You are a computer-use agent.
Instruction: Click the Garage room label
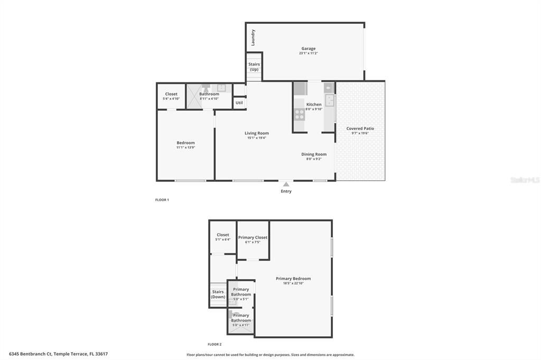[x=309, y=49]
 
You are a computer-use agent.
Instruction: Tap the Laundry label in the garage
[x=253, y=37]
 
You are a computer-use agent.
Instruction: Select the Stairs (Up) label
[x=254, y=67]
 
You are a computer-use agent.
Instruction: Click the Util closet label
[x=239, y=103]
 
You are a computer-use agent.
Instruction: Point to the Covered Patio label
[x=360, y=128]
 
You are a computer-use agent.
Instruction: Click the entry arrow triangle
[x=286, y=184]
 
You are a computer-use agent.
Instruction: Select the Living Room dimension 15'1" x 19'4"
[x=257, y=138]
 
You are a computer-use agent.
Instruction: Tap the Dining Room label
[x=314, y=154]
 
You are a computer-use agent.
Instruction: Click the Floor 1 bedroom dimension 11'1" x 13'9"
[x=185, y=147]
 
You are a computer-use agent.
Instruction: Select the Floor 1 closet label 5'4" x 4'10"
[x=171, y=99]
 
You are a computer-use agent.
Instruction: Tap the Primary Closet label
[x=253, y=238]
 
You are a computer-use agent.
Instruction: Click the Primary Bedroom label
[x=293, y=278]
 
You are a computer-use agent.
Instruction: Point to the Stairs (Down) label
[x=218, y=294]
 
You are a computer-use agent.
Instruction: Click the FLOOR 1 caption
[x=162, y=200]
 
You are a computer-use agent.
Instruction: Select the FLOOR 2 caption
[x=214, y=344]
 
